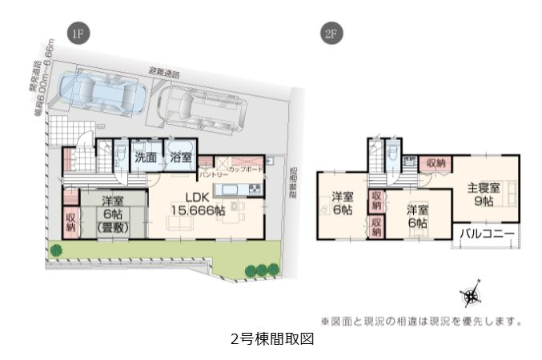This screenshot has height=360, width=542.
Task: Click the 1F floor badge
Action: tap(78, 34)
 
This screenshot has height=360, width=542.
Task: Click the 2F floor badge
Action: tap(331, 34)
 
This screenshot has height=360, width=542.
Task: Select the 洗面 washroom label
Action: tap(145, 158)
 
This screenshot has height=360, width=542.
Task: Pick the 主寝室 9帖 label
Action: tap(484, 194)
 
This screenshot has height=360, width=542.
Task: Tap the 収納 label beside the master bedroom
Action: tap(436, 162)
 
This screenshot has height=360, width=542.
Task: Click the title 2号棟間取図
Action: tap(271, 338)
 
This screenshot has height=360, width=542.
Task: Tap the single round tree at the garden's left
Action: tap(56, 250)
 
